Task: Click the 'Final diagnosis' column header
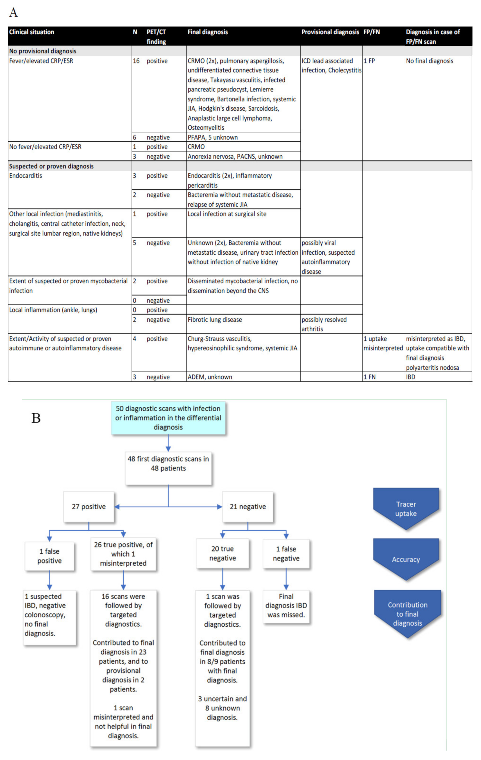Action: pos(208,32)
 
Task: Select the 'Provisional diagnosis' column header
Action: pos(330,32)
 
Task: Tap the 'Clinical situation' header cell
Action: pos(31,32)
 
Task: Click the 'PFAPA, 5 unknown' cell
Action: pos(213,137)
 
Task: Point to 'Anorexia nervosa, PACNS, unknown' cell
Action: pos(235,156)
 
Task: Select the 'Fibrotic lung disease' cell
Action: pos(215,320)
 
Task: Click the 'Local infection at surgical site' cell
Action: pos(227,214)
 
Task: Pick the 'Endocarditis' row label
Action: pos(26,176)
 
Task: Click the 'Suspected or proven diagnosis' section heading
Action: pos(51,166)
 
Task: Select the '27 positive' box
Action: pos(89,506)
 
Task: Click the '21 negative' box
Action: pos(248,506)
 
